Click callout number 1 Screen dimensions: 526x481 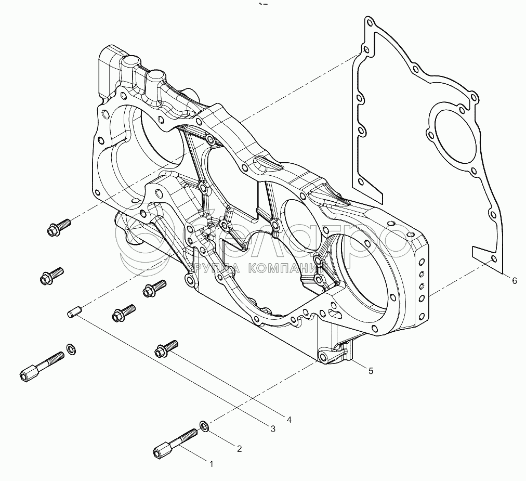[x=211, y=463]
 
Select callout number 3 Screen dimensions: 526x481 [x=272, y=428]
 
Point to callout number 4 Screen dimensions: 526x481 [x=290, y=418]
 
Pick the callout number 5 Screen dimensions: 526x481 [x=371, y=371]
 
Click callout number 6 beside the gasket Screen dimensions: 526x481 [x=514, y=281]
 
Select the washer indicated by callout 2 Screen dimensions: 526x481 [x=205, y=426]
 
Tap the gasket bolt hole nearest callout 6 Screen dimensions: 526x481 [x=493, y=259]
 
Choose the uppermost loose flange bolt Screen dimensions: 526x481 [x=58, y=227]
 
